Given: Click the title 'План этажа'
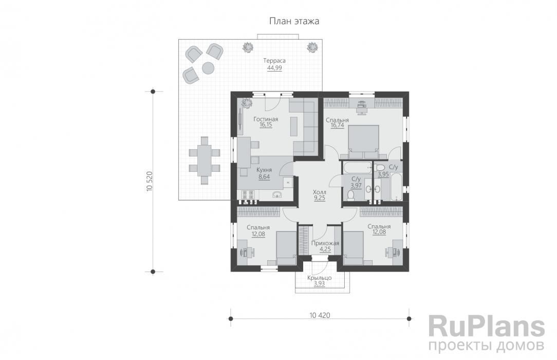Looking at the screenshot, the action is click(x=294, y=21).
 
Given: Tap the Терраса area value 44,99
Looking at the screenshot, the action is click(x=274, y=68).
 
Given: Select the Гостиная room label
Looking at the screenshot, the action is click(x=266, y=119).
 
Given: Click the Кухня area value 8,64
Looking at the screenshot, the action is click(x=264, y=176).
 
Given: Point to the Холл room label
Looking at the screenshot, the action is click(x=320, y=192).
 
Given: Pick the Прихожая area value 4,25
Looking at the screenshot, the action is click(x=325, y=249).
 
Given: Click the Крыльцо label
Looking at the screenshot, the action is click(x=320, y=278).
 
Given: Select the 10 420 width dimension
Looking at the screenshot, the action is click(x=320, y=315).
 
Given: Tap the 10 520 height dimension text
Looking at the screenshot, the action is click(x=149, y=182).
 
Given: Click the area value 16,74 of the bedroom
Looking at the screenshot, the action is click(x=337, y=125).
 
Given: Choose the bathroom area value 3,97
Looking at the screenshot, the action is click(x=356, y=186).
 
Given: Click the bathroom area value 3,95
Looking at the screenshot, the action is click(x=383, y=174).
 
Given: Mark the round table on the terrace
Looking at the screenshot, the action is click(x=208, y=68).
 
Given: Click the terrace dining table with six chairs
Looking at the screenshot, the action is click(x=205, y=160).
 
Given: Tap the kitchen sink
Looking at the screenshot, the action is click(x=277, y=194).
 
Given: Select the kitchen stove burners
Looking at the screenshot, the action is click(x=248, y=195).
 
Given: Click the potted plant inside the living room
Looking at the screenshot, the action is click(x=246, y=103).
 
